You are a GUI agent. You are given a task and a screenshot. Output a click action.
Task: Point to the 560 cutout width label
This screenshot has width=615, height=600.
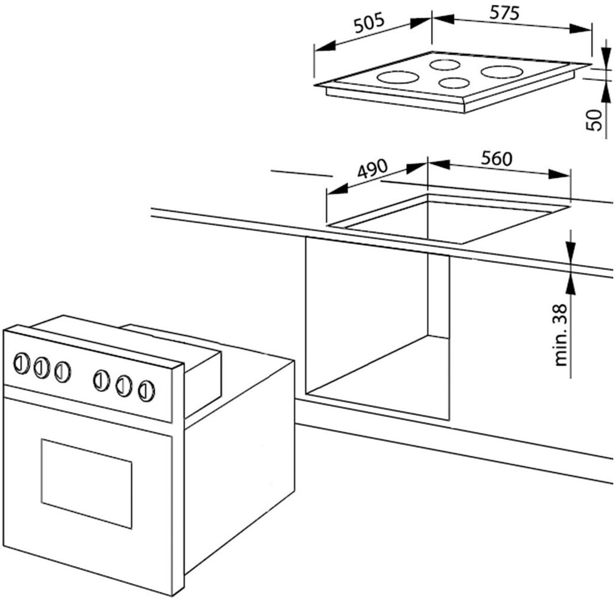tap(496, 158)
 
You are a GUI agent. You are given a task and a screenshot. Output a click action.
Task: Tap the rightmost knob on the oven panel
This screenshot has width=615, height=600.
tap(146, 390)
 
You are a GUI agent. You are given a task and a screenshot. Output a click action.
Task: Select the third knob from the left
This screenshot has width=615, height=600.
tap(62, 371)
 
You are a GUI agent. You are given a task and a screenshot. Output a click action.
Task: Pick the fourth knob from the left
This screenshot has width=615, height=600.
tap(102, 380)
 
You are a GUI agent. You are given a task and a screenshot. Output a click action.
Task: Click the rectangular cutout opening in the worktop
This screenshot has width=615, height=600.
tap(449, 220)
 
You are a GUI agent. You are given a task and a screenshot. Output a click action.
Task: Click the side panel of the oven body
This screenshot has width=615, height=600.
tap(239, 467)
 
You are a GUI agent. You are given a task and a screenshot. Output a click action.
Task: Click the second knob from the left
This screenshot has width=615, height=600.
tap(41, 367)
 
